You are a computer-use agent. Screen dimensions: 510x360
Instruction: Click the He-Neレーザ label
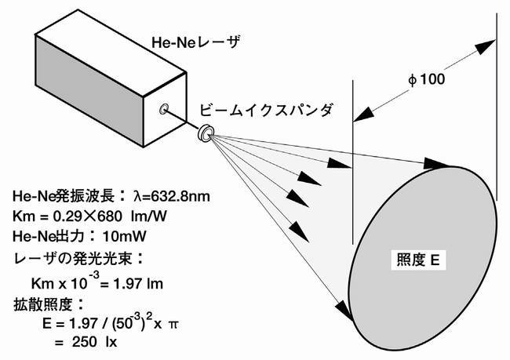click(x=196, y=42)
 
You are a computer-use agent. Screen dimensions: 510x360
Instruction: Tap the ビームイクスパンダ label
click(x=266, y=111)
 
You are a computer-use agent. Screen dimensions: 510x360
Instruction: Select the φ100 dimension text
click(x=426, y=79)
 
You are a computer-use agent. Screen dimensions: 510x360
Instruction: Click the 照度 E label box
click(x=418, y=260)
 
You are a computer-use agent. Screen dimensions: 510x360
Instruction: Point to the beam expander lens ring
click(x=206, y=133)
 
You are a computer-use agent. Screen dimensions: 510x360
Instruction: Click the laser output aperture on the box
click(x=164, y=109)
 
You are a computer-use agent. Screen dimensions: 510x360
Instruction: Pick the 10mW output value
click(x=124, y=236)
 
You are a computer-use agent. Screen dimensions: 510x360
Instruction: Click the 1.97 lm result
click(x=138, y=284)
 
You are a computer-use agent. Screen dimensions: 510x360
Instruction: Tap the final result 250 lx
click(x=94, y=342)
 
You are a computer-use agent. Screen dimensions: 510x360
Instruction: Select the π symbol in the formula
click(x=173, y=324)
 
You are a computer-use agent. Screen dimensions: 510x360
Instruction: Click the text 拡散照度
click(x=43, y=305)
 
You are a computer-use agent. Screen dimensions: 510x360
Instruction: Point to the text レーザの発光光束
click(x=72, y=259)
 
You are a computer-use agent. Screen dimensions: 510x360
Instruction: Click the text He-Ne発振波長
click(x=64, y=196)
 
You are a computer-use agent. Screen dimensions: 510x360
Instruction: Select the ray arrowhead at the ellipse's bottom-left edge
click(x=344, y=310)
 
